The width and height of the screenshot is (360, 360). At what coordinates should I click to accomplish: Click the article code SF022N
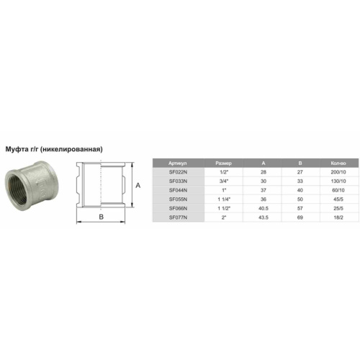tap(178, 172)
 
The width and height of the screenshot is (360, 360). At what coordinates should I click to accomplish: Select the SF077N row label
tap(178, 217)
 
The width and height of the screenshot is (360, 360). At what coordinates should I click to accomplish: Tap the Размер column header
tap(223, 163)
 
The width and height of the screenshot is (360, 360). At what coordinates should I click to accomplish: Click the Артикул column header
tap(178, 163)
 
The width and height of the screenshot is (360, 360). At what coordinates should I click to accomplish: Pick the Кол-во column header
tap(338, 163)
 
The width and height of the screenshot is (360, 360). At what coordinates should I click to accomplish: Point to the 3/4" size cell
tap(223, 181)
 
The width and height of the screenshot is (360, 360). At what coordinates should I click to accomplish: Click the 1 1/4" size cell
tap(224, 199)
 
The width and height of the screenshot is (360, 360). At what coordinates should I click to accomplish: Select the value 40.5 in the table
tap(264, 208)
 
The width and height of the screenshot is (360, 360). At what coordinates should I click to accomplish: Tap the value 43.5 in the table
tap(264, 217)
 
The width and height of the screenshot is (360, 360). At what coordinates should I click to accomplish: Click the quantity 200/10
tap(338, 172)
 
